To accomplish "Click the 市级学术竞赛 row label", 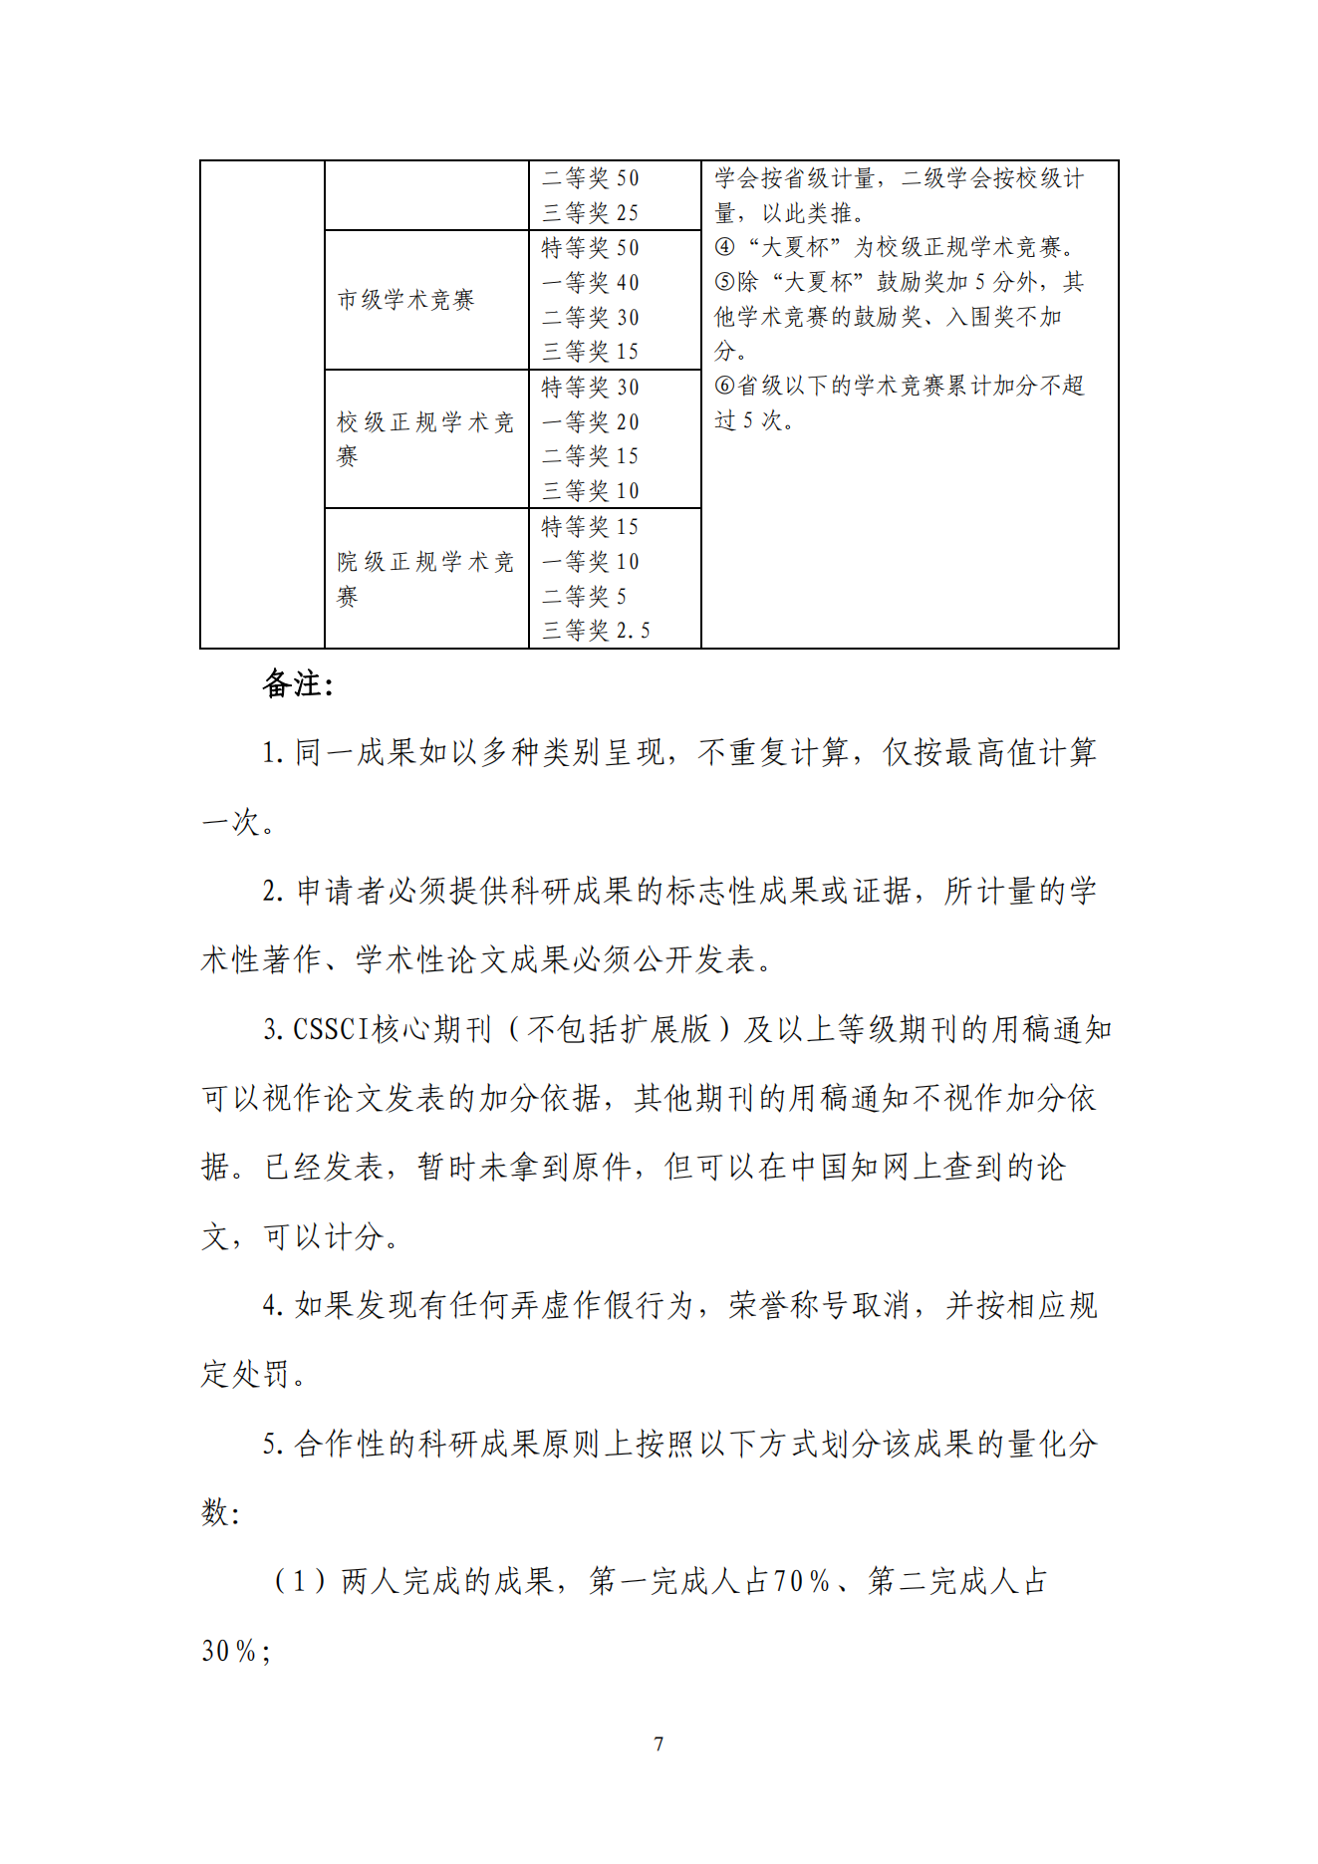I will [x=405, y=300].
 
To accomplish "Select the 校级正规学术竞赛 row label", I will [x=424, y=438].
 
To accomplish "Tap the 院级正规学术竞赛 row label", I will [x=424, y=578].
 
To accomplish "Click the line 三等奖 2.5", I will [x=596, y=631].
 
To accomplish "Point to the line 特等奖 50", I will [x=590, y=248].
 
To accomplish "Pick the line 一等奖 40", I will [x=590, y=283].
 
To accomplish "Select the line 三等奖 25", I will [x=590, y=213].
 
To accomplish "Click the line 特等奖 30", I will [x=590, y=388].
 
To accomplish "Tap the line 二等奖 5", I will [x=584, y=597].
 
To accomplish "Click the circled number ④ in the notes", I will [x=724, y=248].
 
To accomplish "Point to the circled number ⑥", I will [x=724, y=387].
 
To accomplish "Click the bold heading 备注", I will [x=297, y=684].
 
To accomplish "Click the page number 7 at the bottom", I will [x=659, y=1743].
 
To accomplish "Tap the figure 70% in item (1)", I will [x=802, y=1582].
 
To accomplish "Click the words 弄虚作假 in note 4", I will [x=526, y=1306].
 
